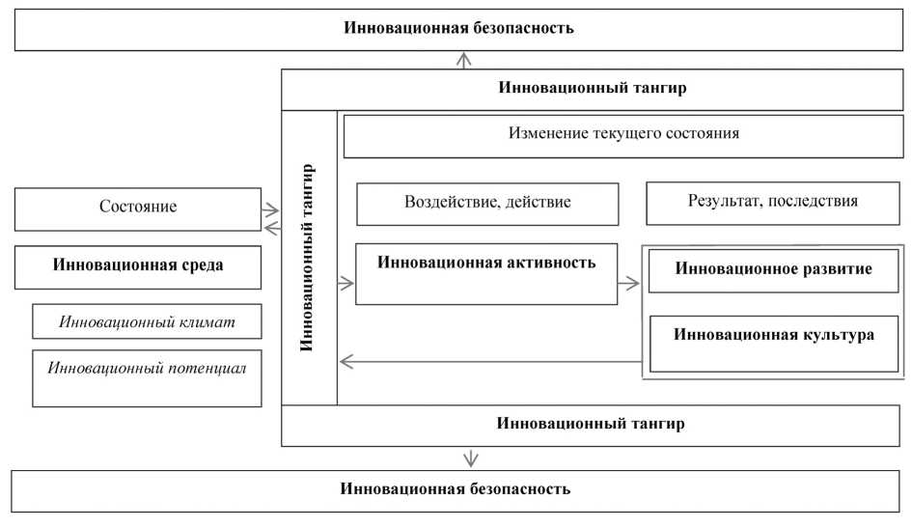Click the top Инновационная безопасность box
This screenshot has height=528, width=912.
[458, 28]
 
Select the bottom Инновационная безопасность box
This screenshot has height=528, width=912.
[455, 489]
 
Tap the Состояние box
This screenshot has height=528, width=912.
[138, 208]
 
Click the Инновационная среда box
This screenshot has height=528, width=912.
[138, 267]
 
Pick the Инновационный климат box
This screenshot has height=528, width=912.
[147, 320]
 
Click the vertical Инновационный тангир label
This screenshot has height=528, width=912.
[308, 257]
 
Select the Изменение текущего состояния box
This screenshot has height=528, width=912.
[623, 134]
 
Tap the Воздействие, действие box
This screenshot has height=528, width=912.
[487, 204]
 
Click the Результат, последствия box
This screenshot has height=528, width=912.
[772, 203]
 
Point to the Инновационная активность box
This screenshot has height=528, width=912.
[486, 273]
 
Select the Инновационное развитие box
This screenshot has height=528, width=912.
[773, 270]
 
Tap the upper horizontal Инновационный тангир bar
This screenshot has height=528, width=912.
[593, 89]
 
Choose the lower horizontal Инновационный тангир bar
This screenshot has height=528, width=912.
[593, 425]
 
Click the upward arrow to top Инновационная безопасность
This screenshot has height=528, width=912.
[465, 60]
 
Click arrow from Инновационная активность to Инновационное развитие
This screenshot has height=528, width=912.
[630, 284]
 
